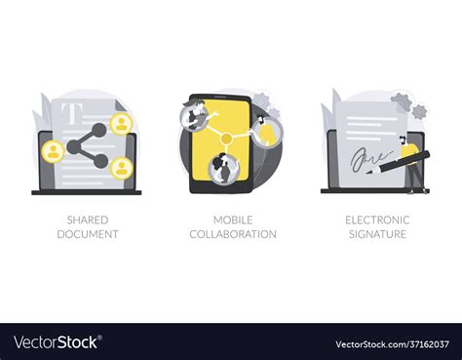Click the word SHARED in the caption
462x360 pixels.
[88, 220]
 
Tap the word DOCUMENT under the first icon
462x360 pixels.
[88, 234]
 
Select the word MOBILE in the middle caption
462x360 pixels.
[233, 220]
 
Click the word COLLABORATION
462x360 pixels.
[233, 234]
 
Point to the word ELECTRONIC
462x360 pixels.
[377, 220]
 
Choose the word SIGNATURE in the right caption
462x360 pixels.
[377, 234]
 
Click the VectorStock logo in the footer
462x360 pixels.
[58, 342]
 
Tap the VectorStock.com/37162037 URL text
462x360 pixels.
[392, 344]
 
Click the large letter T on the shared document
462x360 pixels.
[70, 113]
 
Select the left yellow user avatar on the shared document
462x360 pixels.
[54, 151]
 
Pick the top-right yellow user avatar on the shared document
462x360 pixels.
[121, 124]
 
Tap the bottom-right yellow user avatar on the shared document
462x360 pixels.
[122, 168]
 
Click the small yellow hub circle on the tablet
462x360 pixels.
[226, 139]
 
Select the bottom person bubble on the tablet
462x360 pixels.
[223, 169]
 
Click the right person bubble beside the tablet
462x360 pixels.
[267, 133]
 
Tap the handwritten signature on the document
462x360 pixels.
[370, 160]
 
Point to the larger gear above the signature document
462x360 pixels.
[401, 102]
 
